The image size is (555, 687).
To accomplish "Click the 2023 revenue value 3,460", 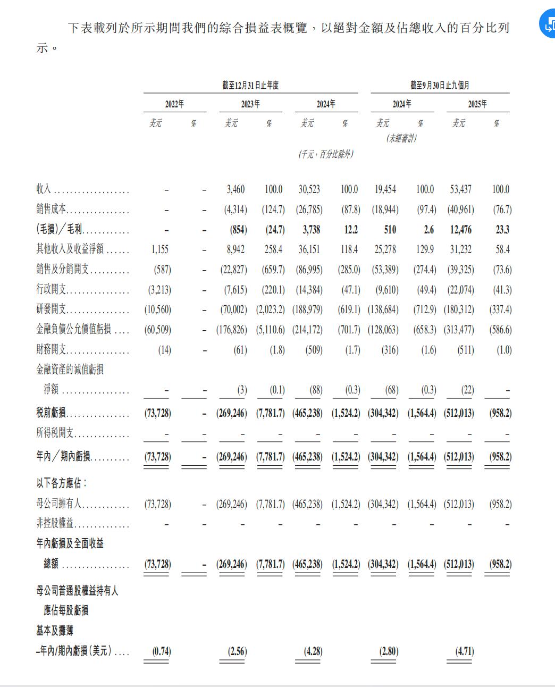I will click(236, 189).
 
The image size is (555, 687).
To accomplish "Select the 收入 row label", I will click(44, 189).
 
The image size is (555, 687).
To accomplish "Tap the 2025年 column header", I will click(477, 104).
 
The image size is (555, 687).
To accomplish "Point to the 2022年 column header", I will click(174, 104).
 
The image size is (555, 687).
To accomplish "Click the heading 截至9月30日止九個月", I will click(440, 85).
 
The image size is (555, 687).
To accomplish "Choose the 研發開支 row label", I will click(52, 310).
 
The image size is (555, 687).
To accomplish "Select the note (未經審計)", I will click(402, 138).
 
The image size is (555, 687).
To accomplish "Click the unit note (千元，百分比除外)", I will click(326, 154).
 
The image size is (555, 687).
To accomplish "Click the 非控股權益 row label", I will click(55, 524).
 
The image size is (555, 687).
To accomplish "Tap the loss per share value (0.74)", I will click(162, 652).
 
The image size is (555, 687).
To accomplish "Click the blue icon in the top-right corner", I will click(548, 24).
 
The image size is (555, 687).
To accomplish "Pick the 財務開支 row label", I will click(52, 350).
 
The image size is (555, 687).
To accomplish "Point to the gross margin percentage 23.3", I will click(501, 230).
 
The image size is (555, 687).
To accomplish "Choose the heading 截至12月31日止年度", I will click(250, 85).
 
